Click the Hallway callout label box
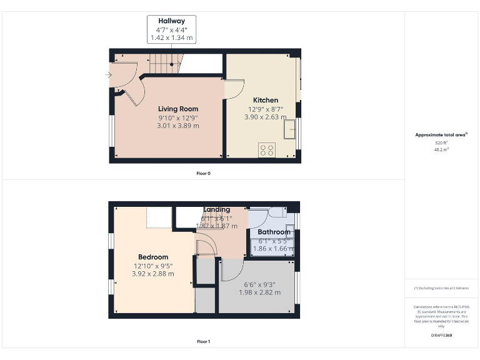(x=171, y=29)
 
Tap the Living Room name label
(x=178, y=109)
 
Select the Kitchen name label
(x=266, y=100)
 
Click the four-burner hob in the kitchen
(x=267, y=149)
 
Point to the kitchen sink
(x=290, y=129)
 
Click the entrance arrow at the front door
(x=110, y=76)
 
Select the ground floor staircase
(x=166, y=63)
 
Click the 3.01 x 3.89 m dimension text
(x=178, y=126)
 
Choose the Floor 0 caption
(x=203, y=173)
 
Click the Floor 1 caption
(x=203, y=342)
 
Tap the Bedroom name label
(x=153, y=257)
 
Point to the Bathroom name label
(x=274, y=232)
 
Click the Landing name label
(x=216, y=209)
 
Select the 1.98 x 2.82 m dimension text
(x=259, y=292)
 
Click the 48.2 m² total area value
(x=441, y=150)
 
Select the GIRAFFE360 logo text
(x=441, y=336)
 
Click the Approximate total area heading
(x=441, y=134)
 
